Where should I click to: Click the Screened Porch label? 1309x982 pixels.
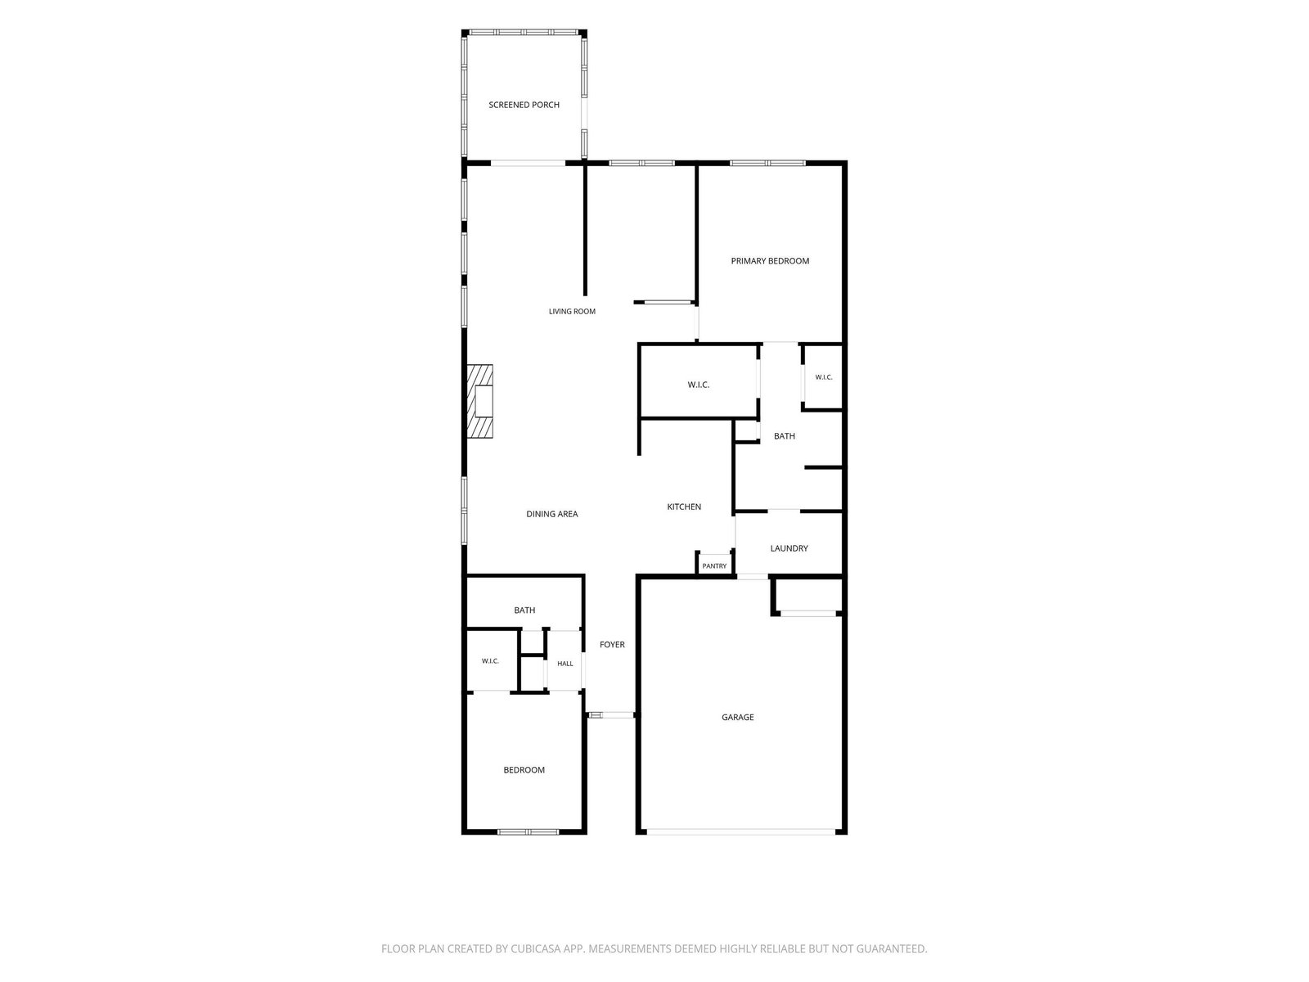(524, 105)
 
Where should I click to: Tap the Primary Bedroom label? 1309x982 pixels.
(770, 260)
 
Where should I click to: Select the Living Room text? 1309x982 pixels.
(572, 311)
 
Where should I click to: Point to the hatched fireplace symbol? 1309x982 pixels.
(479, 401)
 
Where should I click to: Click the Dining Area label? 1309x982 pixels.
(551, 514)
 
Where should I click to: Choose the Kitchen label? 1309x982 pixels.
(683, 507)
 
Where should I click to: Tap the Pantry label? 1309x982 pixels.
(714, 565)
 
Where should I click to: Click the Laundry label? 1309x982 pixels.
(789, 548)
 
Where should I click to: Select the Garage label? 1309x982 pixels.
(738, 718)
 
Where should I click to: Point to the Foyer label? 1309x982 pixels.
(612, 645)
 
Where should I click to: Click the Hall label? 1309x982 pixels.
(565, 664)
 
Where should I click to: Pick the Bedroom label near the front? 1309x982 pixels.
(524, 770)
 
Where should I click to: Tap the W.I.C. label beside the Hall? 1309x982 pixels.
(490, 661)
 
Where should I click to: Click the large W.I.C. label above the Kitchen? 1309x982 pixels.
(699, 385)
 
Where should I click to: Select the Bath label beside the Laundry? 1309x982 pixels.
(785, 436)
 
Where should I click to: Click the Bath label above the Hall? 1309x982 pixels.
(524, 610)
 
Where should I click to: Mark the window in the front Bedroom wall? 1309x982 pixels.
(528, 831)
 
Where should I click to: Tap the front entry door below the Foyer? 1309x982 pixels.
(610, 715)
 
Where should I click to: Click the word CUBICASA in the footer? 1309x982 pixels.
(536, 948)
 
